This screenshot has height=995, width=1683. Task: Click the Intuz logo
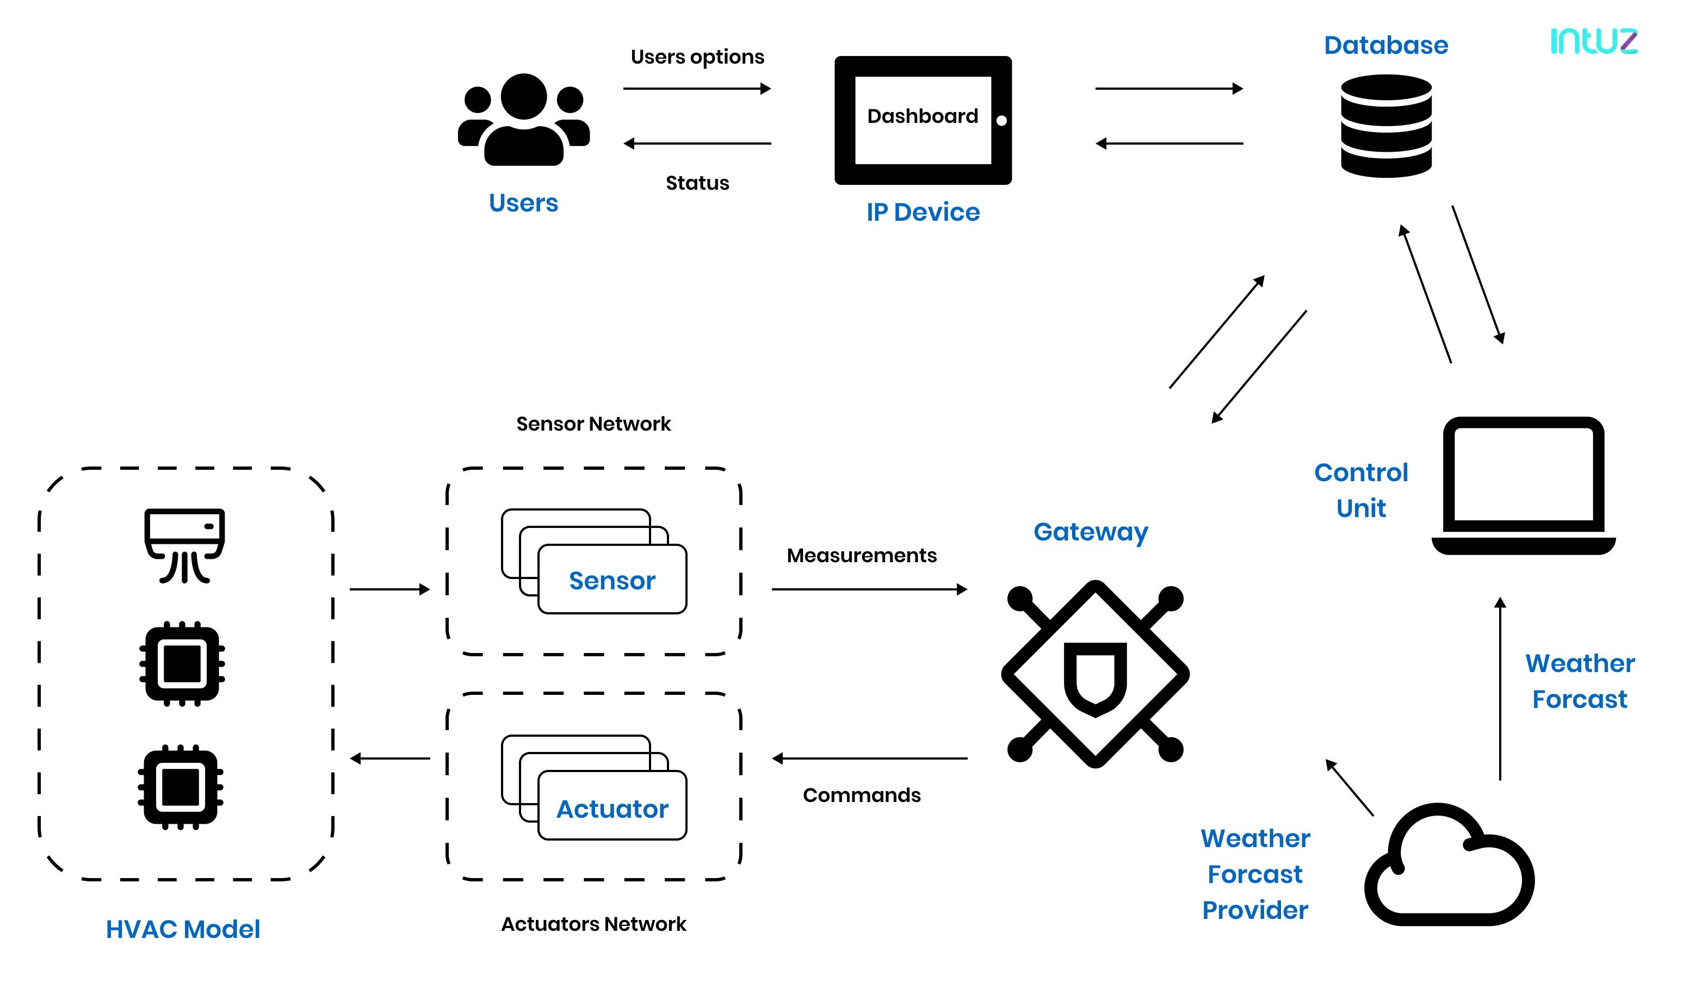[1593, 41]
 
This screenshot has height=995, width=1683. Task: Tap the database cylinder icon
[1386, 126]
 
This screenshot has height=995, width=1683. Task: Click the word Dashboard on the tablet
[923, 116]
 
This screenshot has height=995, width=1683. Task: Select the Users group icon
[523, 120]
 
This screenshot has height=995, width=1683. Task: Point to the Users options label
[697, 57]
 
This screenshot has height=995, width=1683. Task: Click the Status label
[697, 183]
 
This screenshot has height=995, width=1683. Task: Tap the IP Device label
[923, 212]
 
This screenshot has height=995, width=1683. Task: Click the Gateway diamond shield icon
[1095, 674]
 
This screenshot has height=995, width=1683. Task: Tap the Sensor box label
[612, 580]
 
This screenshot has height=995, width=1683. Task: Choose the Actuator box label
[612, 809]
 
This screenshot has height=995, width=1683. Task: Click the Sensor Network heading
[593, 424]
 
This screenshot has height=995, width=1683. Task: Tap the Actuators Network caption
[593, 924]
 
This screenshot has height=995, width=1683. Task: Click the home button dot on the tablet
[1001, 121]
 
